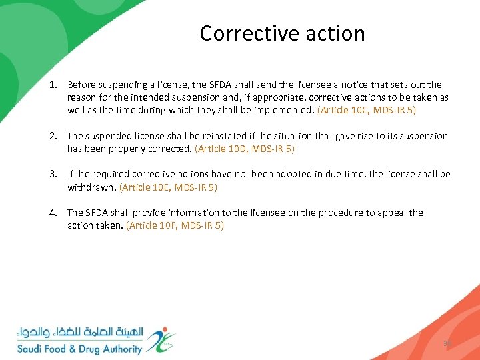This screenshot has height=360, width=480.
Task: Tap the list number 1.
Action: point(52,85)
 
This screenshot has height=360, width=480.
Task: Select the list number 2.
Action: point(52,136)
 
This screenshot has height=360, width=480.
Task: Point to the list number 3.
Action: point(52,174)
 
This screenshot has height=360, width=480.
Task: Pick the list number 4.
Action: point(52,213)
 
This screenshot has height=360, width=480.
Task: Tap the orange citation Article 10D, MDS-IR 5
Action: point(245,149)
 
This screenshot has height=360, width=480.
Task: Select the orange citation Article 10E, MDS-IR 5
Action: point(168,187)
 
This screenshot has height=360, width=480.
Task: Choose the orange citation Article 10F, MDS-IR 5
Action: point(175,226)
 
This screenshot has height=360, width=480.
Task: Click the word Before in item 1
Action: point(81,85)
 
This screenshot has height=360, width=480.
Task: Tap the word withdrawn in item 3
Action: point(91,187)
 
